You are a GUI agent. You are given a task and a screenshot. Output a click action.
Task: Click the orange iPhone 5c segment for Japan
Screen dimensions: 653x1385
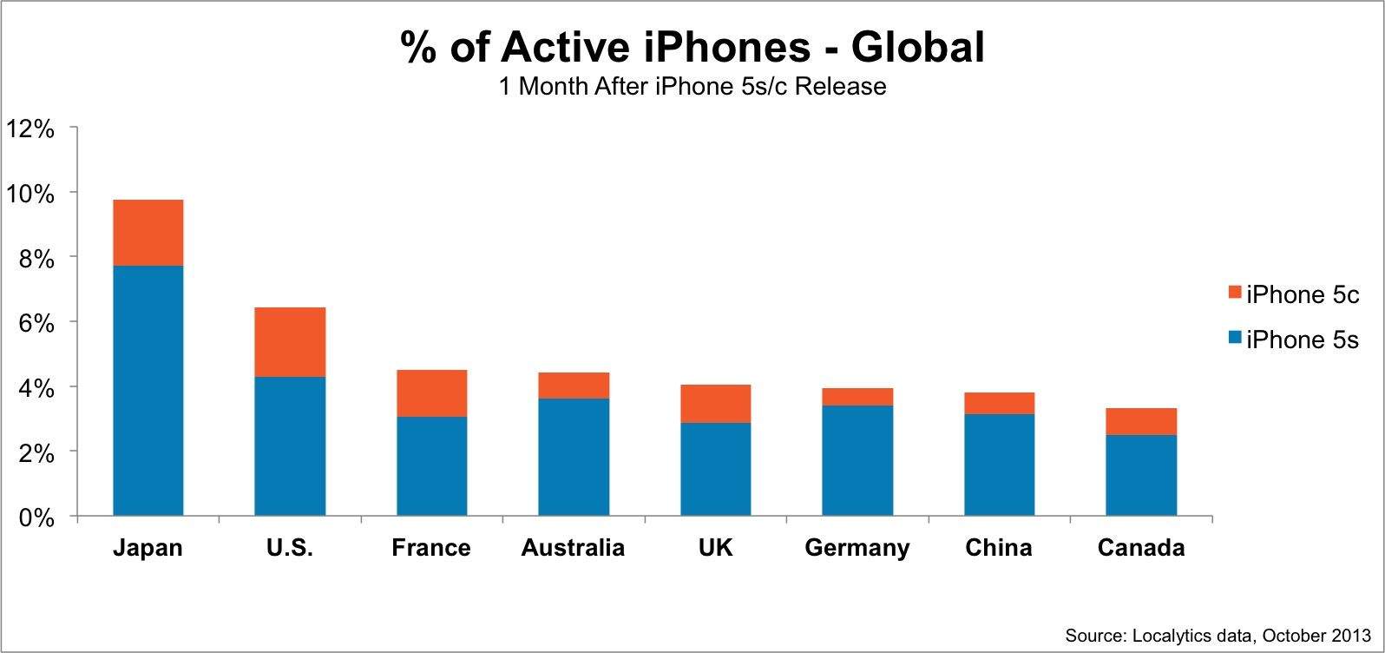coord(148,233)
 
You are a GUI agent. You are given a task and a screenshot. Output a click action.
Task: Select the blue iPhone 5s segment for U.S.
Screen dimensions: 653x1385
coord(290,446)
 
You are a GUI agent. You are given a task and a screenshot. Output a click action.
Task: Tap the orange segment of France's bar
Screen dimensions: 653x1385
coord(431,393)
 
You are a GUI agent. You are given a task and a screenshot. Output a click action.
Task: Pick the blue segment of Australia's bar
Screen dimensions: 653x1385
coord(574,457)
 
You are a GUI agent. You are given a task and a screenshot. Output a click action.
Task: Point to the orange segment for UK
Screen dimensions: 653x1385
coord(715,404)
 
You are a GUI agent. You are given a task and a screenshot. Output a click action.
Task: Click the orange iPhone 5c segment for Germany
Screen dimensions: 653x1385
coord(857,397)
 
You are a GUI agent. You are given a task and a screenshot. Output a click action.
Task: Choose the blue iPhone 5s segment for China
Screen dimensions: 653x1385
coord(999,465)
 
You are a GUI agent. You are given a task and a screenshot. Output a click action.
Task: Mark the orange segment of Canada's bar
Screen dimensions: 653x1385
coord(1141,421)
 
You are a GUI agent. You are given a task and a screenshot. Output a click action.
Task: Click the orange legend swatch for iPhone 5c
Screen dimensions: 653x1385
coord(1236,293)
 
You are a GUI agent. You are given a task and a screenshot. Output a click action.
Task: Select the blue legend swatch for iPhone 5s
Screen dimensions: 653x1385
coord(1236,337)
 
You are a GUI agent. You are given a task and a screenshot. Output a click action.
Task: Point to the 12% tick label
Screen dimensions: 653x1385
coord(30,129)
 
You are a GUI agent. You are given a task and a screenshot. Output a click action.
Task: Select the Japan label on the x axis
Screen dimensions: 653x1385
coord(148,548)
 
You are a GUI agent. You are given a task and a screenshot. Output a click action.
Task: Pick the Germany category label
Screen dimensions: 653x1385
coord(857,548)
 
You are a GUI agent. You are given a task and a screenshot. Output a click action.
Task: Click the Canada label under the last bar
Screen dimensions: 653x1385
coord(1141,548)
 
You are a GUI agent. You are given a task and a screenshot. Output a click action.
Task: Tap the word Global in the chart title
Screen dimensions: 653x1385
coord(917,47)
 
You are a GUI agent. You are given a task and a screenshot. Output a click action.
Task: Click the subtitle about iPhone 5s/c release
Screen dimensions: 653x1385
coord(692,87)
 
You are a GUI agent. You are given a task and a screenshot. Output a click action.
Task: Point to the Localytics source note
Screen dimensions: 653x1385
coord(1218,636)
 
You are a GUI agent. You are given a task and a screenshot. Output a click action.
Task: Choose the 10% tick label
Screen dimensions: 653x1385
coord(30,194)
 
